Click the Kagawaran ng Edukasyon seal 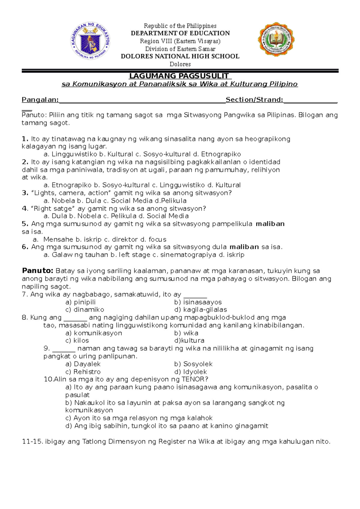90,41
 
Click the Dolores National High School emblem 276,39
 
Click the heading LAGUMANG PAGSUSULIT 179,76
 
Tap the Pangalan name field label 40,100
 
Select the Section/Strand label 254,100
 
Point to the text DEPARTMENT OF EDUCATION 180,33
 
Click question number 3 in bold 25,193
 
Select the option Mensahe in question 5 58,240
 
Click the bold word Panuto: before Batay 37,271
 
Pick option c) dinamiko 85,310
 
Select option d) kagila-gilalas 200,310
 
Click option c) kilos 77,341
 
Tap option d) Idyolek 190,372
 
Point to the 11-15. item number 33,442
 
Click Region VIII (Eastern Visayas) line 180,41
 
